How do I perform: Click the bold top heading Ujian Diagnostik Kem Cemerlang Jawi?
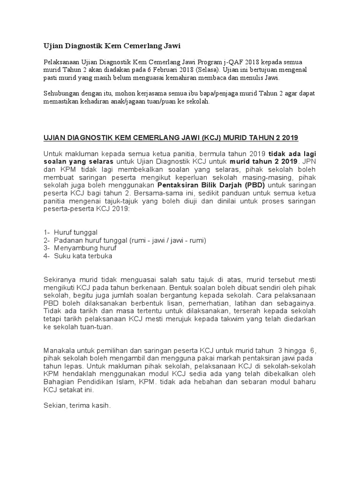112,45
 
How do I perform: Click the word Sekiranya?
60,280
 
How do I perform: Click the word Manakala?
60,350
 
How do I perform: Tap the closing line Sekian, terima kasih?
77,406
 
